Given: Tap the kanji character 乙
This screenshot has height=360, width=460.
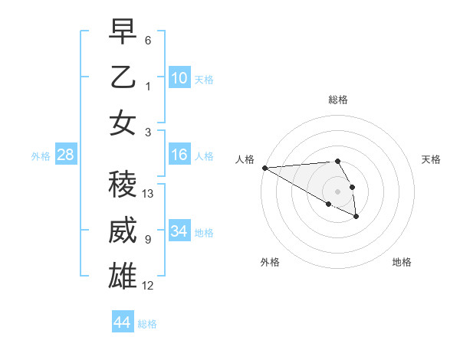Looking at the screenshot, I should tap(123, 77).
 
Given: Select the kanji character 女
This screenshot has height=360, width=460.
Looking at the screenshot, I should tap(123, 123).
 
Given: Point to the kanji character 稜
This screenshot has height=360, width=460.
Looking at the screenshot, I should tap(123, 184).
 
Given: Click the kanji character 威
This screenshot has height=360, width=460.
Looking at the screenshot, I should tap(123, 231).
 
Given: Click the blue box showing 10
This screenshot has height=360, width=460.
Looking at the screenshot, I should tap(179, 78).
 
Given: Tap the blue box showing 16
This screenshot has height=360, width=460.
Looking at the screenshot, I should tap(179, 155).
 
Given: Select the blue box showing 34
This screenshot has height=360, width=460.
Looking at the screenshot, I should tap(179, 231).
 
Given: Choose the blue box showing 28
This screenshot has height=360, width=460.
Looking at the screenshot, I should tap(66, 155).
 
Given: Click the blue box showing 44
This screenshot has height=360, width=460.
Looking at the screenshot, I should tap(122, 322).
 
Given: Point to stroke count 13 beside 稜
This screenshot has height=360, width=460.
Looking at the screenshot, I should tap(149, 194).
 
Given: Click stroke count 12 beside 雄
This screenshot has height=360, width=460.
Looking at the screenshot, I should tap(148, 286).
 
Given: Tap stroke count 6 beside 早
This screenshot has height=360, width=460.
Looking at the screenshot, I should tap(148, 40).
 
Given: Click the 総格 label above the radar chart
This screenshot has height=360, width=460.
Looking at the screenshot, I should tap(338, 100).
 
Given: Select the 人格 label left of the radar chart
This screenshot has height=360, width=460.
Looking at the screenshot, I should tap(245, 159).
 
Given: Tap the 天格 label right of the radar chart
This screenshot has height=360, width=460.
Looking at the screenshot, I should tap(432, 159).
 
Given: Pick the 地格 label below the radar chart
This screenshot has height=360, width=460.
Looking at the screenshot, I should tap(402, 262).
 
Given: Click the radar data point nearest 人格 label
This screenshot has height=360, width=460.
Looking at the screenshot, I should tap(264, 168).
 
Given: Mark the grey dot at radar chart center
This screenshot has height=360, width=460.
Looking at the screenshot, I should tap(338, 191).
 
